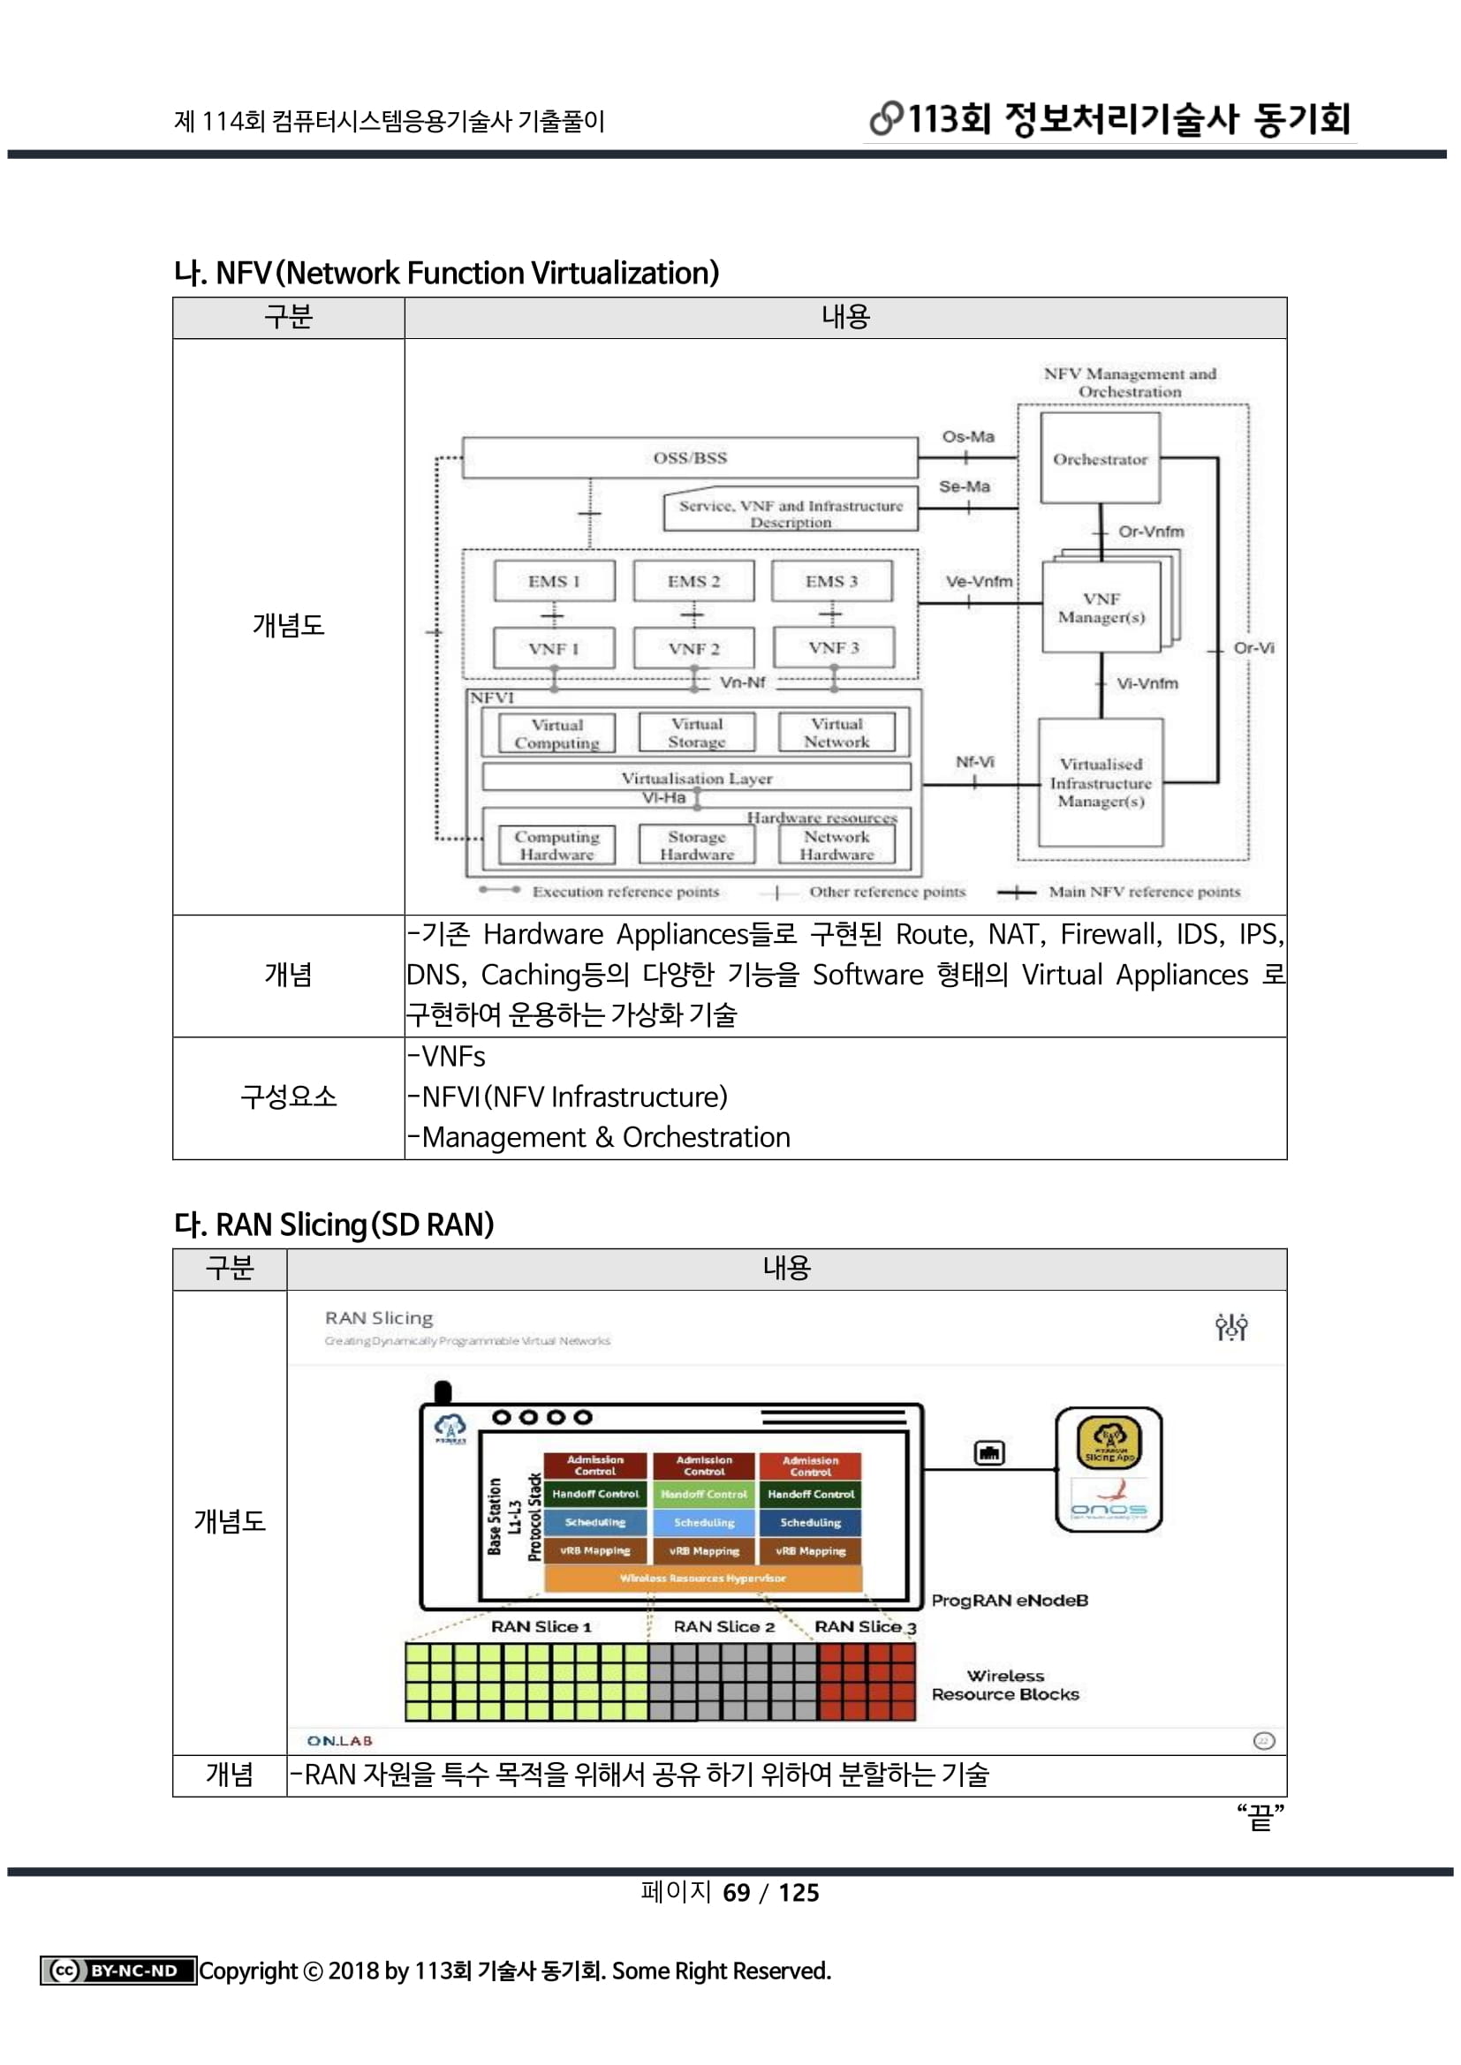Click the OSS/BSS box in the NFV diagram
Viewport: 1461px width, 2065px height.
[690, 458]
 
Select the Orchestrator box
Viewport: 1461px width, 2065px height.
[1100, 459]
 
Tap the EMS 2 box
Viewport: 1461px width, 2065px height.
[693, 581]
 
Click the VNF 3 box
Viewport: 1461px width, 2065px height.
[833, 647]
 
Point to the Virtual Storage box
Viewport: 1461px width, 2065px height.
[696, 733]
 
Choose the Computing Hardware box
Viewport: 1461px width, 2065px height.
[556, 846]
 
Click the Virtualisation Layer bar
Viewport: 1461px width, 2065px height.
[696, 778]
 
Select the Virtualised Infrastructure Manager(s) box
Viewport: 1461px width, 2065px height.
[1101, 782]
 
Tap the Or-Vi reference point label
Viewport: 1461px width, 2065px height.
[1253, 647]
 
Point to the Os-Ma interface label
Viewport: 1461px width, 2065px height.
[968, 436]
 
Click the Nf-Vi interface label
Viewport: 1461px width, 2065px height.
[974, 762]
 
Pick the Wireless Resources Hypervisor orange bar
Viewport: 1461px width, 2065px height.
[702, 1579]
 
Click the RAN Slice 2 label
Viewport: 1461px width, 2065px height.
[724, 1627]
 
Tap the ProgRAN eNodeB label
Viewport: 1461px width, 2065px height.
[1010, 1601]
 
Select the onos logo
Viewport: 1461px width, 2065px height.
[1109, 1509]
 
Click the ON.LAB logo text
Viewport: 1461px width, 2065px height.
[339, 1741]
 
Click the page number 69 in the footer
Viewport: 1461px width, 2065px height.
[736, 1893]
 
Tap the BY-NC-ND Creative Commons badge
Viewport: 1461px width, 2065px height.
[117, 1971]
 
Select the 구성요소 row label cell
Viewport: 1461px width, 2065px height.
[288, 1097]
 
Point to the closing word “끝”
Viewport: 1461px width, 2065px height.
[1260, 1818]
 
